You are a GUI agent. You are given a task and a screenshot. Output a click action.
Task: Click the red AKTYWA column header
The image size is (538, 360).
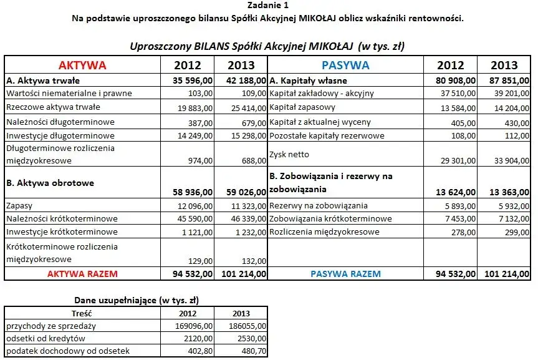coord(82,65)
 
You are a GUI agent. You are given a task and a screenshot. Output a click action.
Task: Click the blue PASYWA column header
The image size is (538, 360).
coord(345,65)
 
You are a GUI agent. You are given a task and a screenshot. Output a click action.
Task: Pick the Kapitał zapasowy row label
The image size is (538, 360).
coord(300,107)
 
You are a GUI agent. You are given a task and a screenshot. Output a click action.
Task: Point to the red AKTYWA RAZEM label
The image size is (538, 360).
coord(82,273)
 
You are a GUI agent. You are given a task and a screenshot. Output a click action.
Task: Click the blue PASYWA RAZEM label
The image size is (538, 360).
coord(345,273)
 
